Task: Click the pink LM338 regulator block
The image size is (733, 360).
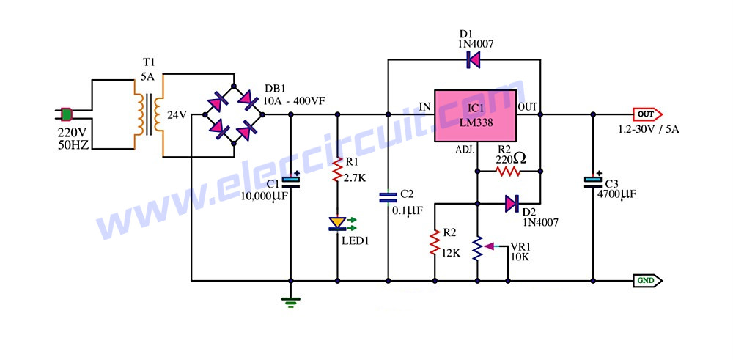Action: click(x=476, y=116)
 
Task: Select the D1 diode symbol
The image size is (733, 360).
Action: click(x=474, y=60)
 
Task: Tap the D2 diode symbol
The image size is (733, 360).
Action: click(x=512, y=203)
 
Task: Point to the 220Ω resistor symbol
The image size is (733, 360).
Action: click(x=508, y=172)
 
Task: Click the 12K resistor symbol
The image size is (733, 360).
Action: click(x=435, y=242)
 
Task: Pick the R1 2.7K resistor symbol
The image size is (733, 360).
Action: click(x=337, y=170)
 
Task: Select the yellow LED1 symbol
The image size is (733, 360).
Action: click(x=337, y=224)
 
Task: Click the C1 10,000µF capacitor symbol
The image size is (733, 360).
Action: click(x=291, y=181)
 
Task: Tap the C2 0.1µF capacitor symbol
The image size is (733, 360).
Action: click(x=388, y=198)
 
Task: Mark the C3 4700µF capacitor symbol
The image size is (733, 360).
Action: click(x=593, y=181)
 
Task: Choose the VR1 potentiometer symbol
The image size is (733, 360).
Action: click(x=481, y=248)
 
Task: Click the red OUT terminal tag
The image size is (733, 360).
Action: click(x=647, y=114)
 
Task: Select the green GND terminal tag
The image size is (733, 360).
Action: click(x=647, y=281)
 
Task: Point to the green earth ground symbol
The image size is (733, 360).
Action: click(x=291, y=302)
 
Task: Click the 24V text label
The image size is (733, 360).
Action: click(x=177, y=115)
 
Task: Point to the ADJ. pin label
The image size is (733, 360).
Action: click(x=465, y=150)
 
